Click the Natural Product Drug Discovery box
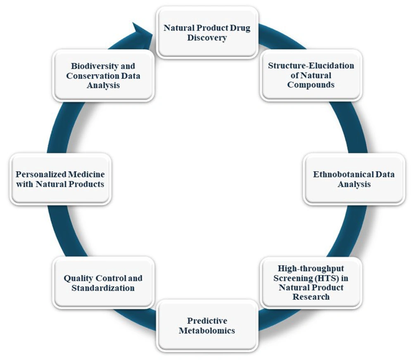[x=207, y=32]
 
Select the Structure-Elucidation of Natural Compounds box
[x=311, y=75]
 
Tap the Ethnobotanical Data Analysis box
[x=354, y=179]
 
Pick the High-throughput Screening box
[x=311, y=282]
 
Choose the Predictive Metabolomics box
[x=207, y=325]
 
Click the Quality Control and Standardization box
[x=103, y=282]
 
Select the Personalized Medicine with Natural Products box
[x=60, y=179]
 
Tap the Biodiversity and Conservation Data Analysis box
[x=103, y=75]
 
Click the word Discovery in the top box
[x=207, y=38]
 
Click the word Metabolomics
[x=207, y=331]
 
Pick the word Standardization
[x=103, y=288]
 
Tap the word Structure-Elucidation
[x=311, y=65]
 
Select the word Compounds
[x=311, y=85]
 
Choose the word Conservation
[x=93, y=76]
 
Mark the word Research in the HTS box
[x=311, y=297]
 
